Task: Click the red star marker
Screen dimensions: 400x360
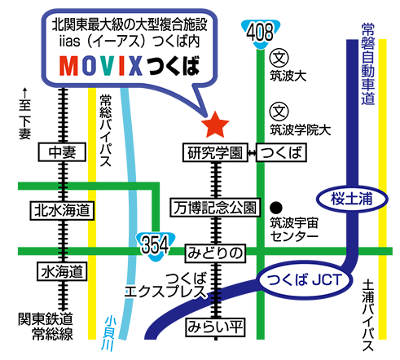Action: tap(215, 125)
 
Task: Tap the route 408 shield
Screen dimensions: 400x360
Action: tap(261, 33)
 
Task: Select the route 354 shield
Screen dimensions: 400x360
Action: tap(156, 246)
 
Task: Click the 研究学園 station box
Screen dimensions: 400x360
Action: tap(215, 152)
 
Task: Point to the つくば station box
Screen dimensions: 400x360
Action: tap(281, 152)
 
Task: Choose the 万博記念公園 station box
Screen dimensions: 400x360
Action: tap(215, 208)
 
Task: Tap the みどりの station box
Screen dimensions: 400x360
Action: tap(215, 253)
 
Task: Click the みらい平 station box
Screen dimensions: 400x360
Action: tap(215, 327)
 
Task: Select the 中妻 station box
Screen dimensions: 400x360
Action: tap(62, 152)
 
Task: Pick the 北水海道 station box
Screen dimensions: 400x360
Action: tap(62, 210)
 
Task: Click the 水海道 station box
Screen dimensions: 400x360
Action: tap(62, 271)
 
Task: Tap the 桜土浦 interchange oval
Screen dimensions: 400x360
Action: tap(352, 199)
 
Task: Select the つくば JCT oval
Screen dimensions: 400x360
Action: tap(304, 279)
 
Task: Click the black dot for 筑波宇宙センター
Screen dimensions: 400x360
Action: tap(276, 208)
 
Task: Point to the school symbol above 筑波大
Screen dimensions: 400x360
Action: tap(279, 58)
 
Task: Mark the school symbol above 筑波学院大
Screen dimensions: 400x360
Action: tap(279, 112)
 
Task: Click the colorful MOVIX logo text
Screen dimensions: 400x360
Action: tap(101, 66)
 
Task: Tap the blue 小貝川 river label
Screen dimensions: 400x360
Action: tap(108, 333)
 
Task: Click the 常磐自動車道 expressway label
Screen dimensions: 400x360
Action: tap(368, 64)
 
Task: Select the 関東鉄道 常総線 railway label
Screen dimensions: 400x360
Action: tap(46, 327)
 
